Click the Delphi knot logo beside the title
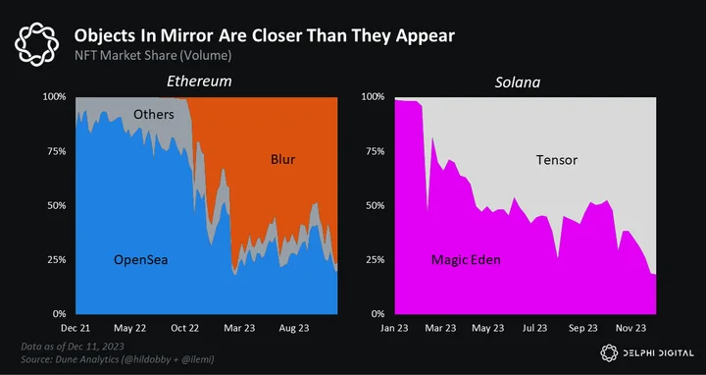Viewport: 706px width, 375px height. pos(36,44)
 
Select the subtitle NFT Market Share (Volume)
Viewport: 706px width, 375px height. pos(153,56)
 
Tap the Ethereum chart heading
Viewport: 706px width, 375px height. pos(199,81)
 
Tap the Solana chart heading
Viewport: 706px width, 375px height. pos(518,82)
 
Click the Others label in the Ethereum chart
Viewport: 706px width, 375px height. pos(154,115)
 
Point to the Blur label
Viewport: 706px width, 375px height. pos(282,159)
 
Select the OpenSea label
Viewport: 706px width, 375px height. pos(140,260)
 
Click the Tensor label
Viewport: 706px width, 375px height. pos(557,160)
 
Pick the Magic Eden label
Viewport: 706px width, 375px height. pos(466,259)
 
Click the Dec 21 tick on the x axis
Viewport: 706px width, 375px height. pos(76,328)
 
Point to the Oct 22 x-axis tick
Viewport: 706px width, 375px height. pos(185,328)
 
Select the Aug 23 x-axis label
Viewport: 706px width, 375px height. pos(294,328)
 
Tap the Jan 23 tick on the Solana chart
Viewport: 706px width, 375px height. pos(394,328)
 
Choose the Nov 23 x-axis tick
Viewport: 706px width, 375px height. pos(630,328)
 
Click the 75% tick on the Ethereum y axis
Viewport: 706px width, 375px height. pos(58,151)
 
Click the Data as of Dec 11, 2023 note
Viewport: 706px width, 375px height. pos(73,347)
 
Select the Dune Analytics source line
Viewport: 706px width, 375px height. pos(117,359)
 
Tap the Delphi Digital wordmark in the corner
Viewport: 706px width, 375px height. pos(647,353)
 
